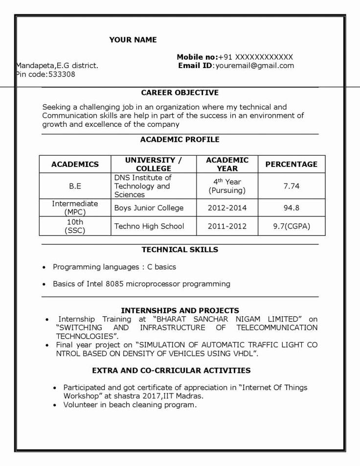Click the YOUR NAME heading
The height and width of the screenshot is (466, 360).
[133, 40]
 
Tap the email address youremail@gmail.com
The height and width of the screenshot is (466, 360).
[254, 66]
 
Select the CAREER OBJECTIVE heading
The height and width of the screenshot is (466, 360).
[180, 93]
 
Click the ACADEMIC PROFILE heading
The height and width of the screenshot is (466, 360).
[180, 140]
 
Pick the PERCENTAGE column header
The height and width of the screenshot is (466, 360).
[291, 164]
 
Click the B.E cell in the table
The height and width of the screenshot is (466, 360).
[75, 186]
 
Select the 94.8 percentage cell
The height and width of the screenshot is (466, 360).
[291, 208]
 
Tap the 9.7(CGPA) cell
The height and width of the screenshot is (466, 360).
[291, 226]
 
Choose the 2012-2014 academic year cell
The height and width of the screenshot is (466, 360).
[227, 208]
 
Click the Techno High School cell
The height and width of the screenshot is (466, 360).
[149, 226]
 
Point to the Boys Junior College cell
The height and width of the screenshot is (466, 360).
[149, 208]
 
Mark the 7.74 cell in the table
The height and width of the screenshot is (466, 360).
[291, 186]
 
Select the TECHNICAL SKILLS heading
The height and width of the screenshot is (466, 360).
[180, 250]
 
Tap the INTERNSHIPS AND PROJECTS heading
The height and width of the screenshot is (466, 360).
[180, 310]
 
